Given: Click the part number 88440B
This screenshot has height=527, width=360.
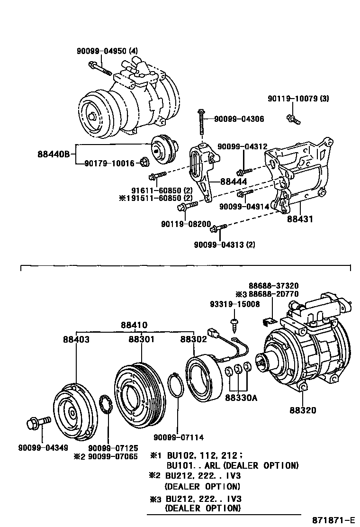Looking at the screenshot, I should pyautogui.click(x=54, y=154).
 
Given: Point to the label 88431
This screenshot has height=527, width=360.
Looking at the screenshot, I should pyautogui.click(x=300, y=219).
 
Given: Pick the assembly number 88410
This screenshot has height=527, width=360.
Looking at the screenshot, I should pyautogui.click(x=134, y=325).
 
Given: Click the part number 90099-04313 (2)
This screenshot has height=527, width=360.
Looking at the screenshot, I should pyautogui.click(x=225, y=245).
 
